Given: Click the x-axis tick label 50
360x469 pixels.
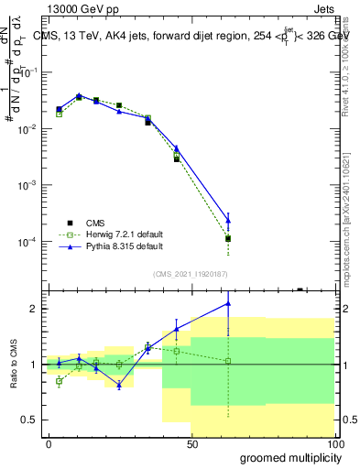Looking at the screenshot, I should tap(191, 444).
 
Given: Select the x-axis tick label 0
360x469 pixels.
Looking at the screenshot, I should tap(49, 444).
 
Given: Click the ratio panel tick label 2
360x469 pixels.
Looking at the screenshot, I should tap(34, 309).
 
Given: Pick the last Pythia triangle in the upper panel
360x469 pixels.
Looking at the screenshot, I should tap(228, 220).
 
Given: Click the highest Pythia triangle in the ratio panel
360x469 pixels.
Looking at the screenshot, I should tap(228, 303).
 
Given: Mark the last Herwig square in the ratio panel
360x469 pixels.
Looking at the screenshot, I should tap(228, 361).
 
